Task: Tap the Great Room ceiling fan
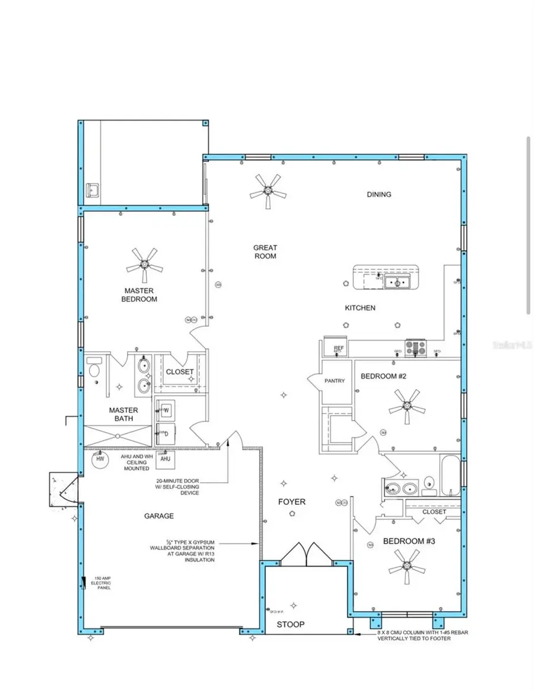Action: (x=268, y=191)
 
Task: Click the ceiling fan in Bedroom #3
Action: (x=409, y=562)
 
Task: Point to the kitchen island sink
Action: (x=396, y=282)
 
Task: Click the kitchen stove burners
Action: (x=415, y=348)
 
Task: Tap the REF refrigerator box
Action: (x=339, y=349)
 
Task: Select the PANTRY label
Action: (x=335, y=381)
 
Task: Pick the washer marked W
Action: (x=166, y=409)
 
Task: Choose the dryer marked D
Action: (x=166, y=434)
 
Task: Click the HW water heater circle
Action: (x=100, y=459)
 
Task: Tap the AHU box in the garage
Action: (x=166, y=459)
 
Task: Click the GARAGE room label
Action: (x=159, y=516)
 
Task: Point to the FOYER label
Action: (x=292, y=502)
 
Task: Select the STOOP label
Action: (x=291, y=624)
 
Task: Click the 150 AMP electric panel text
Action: (x=100, y=583)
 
